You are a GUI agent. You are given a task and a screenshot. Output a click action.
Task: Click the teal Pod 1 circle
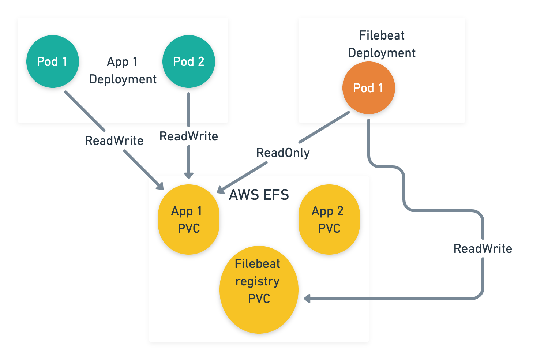pyautogui.click(x=52, y=61)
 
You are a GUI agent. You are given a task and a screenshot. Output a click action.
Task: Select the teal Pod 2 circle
pyautogui.click(x=188, y=61)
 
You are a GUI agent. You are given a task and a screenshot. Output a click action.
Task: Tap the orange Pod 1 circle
pyautogui.click(x=368, y=88)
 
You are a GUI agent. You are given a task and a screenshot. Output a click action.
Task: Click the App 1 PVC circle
pyautogui.click(x=188, y=220)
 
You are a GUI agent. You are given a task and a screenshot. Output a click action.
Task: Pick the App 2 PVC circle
pyautogui.click(x=329, y=220)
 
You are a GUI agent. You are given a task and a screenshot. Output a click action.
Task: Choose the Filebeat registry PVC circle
pyautogui.click(x=259, y=289)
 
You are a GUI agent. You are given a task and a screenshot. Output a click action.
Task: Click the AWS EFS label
pyautogui.click(x=259, y=195)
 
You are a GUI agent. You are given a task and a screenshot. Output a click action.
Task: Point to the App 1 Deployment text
pyautogui.click(x=123, y=70)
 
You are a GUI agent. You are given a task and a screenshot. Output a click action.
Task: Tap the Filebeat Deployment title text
pyautogui.click(x=382, y=44)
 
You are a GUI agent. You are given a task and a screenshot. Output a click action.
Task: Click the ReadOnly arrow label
pyautogui.click(x=283, y=153)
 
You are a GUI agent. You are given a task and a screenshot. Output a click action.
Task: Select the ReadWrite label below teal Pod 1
pyautogui.click(x=114, y=140)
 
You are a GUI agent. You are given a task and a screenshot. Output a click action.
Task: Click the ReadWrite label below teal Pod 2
pyautogui.click(x=189, y=136)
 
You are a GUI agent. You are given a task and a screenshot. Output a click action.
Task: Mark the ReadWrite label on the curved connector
pyautogui.click(x=483, y=248)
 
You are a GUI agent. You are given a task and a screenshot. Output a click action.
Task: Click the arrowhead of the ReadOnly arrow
pyautogui.click(x=220, y=190)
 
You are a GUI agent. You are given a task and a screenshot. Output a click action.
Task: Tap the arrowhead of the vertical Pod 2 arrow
pyautogui.click(x=188, y=175)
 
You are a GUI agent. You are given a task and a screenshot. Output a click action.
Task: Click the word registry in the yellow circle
pyautogui.click(x=257, y=281)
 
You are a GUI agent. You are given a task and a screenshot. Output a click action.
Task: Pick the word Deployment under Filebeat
pyautogui.click(x=382, y=53)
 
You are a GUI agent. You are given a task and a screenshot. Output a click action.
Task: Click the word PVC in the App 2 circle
pyautogui.click(x=329, y=228)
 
